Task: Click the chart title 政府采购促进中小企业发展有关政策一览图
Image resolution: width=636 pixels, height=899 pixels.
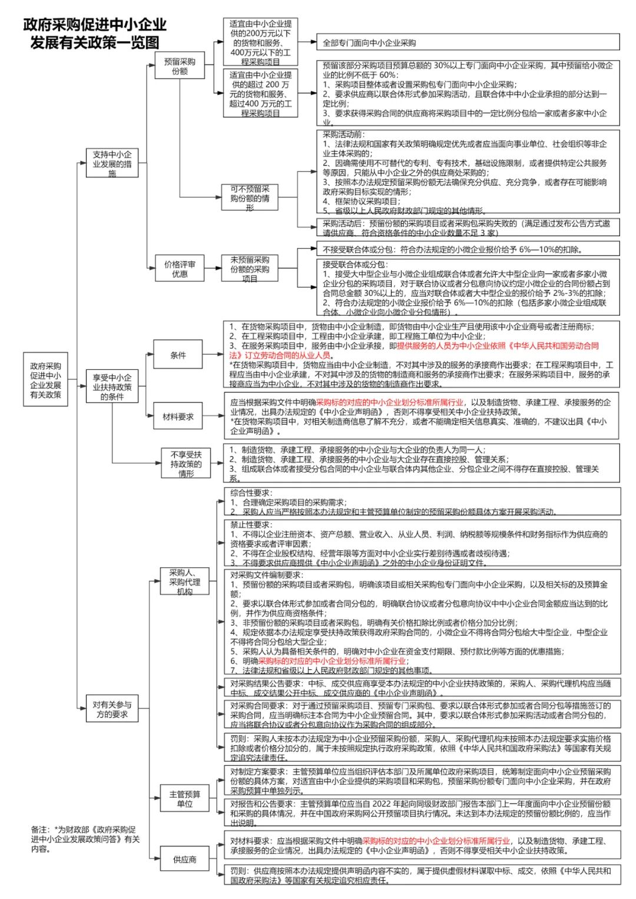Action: (95, 33)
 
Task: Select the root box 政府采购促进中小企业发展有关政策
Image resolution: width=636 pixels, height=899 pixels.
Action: (45, 380)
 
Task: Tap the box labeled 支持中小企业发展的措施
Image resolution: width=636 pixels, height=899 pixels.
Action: (112, 163)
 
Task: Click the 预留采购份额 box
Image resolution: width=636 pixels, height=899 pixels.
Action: (180, 66)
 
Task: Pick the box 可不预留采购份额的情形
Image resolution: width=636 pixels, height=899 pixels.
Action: (250, 198)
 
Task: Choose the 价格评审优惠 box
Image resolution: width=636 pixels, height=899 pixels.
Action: (180, 269)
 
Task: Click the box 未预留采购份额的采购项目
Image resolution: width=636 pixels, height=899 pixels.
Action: (250, 269)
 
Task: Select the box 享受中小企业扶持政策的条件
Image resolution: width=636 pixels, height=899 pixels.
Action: (112, 387)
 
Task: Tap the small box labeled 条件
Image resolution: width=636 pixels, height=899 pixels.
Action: (178, 355)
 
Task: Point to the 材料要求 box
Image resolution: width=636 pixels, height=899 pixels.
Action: (178, 417)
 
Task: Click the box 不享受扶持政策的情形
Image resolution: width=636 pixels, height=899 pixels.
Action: (185, 464)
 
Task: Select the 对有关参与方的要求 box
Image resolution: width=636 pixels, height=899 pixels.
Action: (112, 709)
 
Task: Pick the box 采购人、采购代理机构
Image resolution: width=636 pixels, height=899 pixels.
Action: (184, 581)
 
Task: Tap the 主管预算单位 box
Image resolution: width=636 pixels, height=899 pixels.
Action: (184, 799)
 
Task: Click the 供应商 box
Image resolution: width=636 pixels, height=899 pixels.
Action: (184, 860)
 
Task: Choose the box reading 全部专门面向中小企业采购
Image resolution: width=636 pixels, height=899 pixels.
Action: (468, 42)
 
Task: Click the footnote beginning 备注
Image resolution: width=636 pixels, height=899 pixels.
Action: (86, 839)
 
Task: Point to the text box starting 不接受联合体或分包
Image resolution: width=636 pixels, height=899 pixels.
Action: (468, 249)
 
